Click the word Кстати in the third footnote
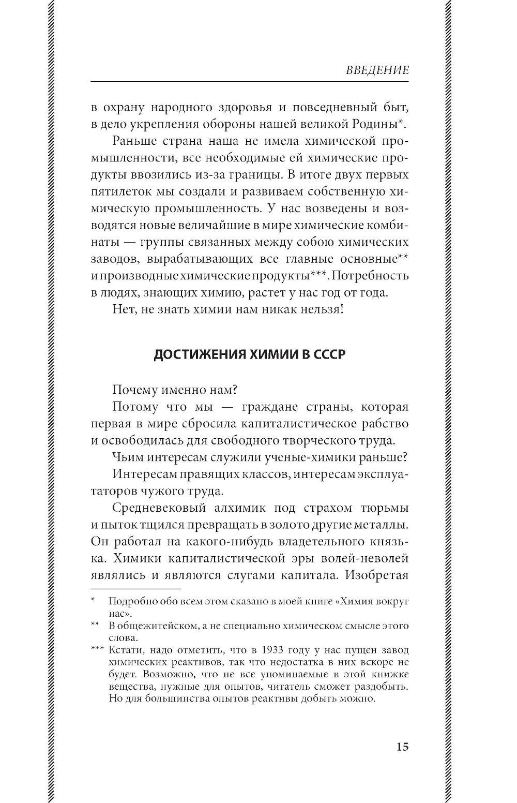124,650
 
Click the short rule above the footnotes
135,589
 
